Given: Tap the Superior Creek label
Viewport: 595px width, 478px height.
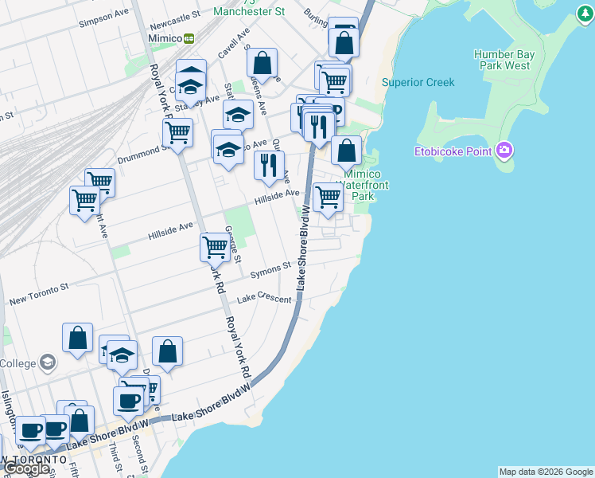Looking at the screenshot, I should (x=418, y=83).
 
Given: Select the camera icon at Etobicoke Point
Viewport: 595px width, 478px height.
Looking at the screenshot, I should (x=504, y=150).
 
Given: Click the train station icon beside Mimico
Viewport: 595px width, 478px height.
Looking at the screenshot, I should (x=189, y=38).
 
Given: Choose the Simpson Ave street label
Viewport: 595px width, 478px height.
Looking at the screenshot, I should (x=103, y=18).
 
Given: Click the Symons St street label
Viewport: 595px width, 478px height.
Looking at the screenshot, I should (x=268, y=273).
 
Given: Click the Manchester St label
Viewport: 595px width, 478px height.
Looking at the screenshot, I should (x=250, y=12).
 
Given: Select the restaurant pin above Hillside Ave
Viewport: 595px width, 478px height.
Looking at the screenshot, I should (x=269, y=166).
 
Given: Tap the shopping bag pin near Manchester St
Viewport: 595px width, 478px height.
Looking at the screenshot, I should (x=262, y=62).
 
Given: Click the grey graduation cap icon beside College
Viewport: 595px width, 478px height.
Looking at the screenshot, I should (x=47, y=363).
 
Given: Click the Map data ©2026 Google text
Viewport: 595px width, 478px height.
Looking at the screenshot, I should (x=545, y=472).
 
